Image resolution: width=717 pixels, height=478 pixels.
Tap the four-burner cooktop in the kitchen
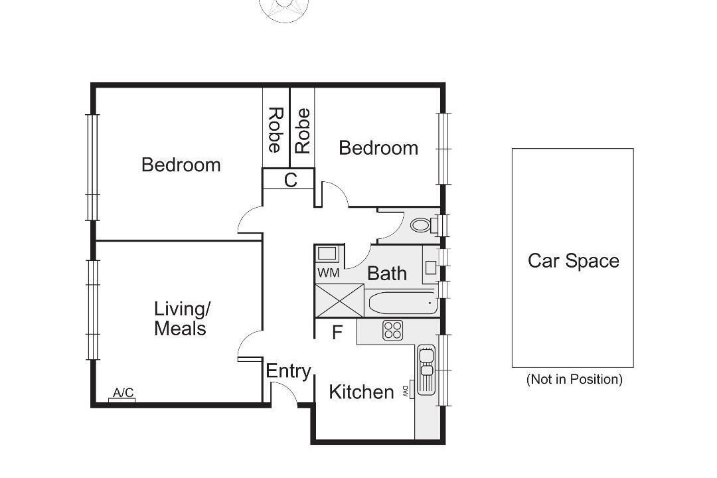[393, 330]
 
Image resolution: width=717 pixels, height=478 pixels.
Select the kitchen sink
[426, 370]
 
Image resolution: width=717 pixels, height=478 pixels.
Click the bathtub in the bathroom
[400, 302]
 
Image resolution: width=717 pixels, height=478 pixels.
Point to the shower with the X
[339, 300]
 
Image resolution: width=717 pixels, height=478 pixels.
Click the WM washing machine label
[329, 273]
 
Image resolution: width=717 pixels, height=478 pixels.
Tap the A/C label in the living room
[123, 392]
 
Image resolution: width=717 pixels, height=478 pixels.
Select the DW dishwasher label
[405, 391]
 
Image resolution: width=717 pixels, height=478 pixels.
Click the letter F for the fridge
[337, 333]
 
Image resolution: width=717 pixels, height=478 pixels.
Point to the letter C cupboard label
[290, 180]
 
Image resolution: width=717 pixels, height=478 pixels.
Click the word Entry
[288, 371]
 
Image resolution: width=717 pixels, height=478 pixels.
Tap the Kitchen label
[361, 392]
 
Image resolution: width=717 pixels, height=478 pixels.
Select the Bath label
[387, 274]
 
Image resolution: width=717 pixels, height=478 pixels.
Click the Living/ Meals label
[181, 319]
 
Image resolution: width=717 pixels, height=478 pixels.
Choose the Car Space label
[574, 261]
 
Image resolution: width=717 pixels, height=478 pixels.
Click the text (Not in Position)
[574, 379]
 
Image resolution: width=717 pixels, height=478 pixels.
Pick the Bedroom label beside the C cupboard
[378, 148]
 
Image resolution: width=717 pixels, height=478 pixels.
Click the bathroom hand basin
[431, 267]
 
